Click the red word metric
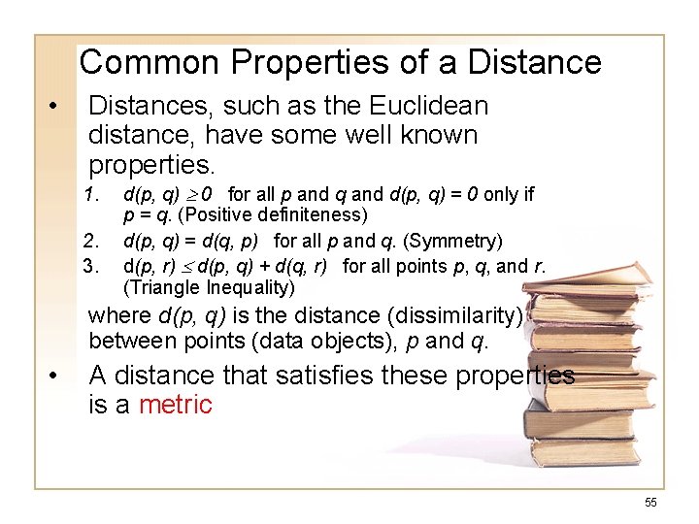(x=175, y=404)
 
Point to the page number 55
(x=650, y=502)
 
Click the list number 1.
(x=93, y=194)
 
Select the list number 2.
(x=93, y=240)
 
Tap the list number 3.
(x=93, y=264)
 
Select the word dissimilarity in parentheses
(x=457, y=315)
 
